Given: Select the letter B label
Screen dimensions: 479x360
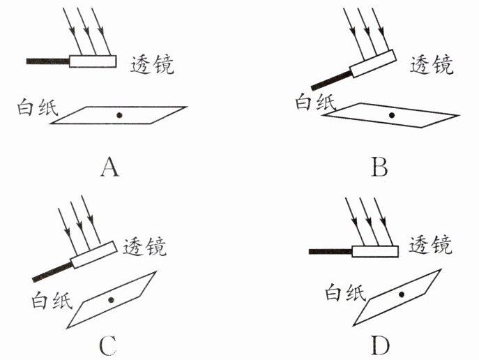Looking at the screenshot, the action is coord(379,167).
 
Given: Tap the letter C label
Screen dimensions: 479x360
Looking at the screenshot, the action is coord(108,345).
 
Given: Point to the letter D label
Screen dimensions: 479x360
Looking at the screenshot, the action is coord(380,345).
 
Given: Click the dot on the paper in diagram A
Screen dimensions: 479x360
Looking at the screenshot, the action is coord(119,115).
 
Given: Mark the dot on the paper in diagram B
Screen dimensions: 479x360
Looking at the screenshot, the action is coord(392,115).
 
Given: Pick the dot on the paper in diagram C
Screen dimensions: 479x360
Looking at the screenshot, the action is coord(111,300).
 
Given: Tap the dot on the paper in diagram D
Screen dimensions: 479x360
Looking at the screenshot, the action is coord(402,294).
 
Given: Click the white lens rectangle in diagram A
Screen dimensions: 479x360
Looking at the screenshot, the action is coord(93,61).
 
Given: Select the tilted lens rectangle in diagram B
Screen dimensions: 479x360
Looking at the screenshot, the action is coord(373,63).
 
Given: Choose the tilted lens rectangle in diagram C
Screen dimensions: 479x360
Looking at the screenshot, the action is coord(94,255).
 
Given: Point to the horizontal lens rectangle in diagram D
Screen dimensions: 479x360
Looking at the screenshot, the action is coord(375,251).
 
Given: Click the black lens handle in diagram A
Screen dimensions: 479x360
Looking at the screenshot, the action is coord(48,61).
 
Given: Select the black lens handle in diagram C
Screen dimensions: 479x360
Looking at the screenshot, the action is coord(52,272).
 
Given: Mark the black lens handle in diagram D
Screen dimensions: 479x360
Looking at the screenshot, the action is coord(330,251).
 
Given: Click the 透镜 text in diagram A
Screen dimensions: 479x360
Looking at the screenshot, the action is coord(152,65).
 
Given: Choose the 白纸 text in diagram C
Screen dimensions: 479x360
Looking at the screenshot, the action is coord(52,300).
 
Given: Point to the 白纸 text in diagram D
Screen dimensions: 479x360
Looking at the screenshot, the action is coord(345,292).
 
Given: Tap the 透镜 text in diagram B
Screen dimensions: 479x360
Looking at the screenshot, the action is coord(432,65).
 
